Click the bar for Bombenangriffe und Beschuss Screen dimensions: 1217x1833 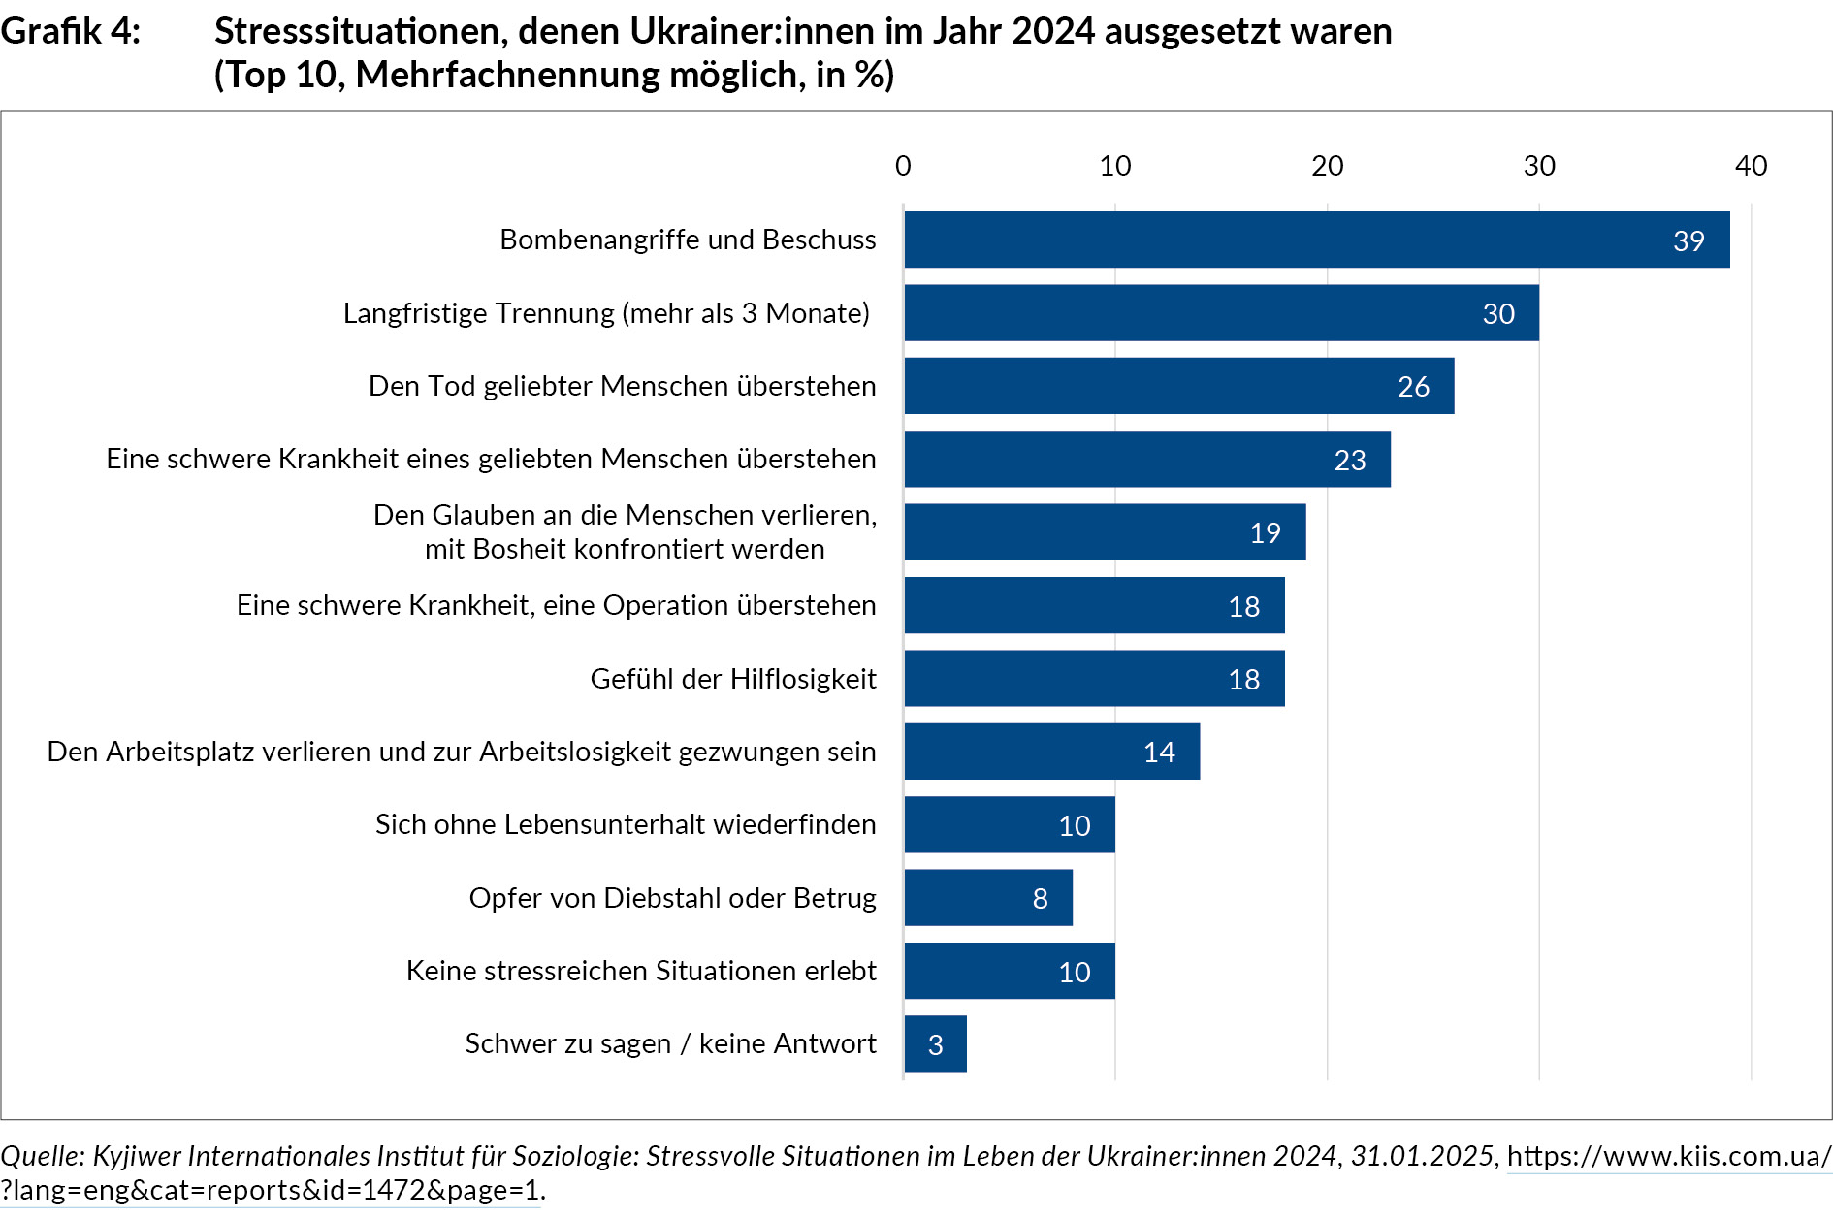click(1316, 240)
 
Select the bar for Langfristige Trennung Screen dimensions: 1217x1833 click(1221, 313)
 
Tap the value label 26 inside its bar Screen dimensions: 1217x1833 click(1413, 387)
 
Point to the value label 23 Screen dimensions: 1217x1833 click(1349, 460)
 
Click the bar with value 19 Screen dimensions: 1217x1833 click(1105, 532)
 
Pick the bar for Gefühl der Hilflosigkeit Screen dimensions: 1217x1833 click(1094, 679)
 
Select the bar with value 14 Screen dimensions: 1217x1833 click(1051, 752)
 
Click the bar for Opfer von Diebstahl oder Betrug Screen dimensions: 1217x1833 click(988, 898)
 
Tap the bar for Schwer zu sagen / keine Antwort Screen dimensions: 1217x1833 click(935, 1044)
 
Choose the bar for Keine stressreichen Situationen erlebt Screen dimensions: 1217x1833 click(1010, 971)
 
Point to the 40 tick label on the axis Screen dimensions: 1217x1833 click(1751, 166)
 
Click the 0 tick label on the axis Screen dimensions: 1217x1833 click(903, 166)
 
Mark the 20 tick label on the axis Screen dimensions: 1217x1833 click(1327, 166)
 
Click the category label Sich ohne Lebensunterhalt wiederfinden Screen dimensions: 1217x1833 click(626, 824)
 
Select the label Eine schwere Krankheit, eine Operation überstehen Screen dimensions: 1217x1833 click(556, 605)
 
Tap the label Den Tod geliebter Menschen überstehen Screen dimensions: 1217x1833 click(622, 386)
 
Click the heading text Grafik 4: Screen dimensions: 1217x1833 click(70, 31)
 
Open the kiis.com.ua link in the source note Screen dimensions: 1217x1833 click(1668, 1156)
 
